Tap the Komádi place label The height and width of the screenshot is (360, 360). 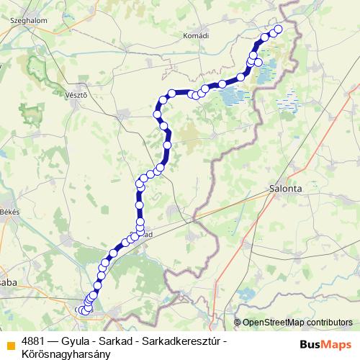point(196,35)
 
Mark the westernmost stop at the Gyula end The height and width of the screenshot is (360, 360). point(78,310)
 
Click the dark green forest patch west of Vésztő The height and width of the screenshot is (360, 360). point(31,113)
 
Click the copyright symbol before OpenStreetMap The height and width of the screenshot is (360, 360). point(238,323)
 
